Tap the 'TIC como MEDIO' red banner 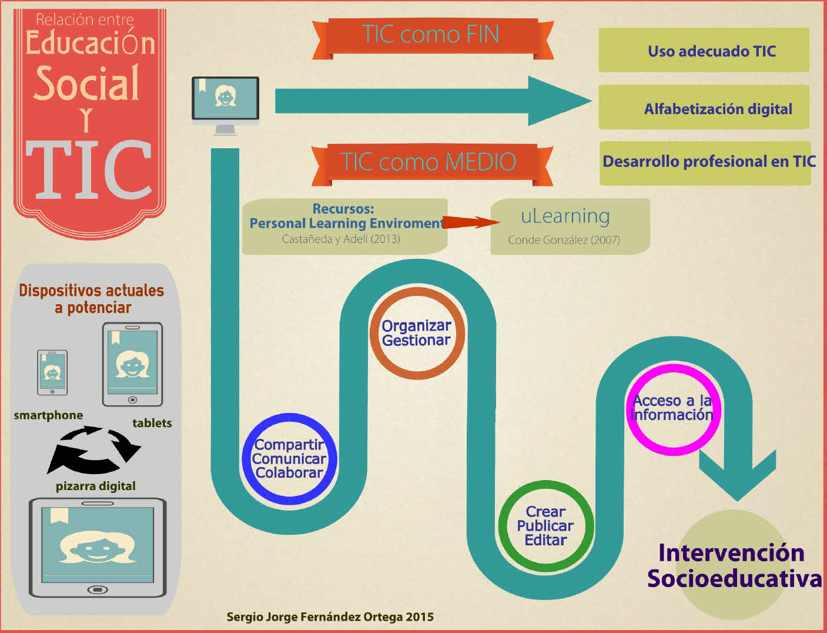(x=429, y=162)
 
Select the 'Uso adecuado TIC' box (x=704, y=51)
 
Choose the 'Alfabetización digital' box (x=704, y=108)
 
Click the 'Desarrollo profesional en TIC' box (x=705, y=162)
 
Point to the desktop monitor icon (x=225, y=104)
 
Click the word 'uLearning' (x=565, y=216)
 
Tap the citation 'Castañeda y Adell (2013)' (x=341, y=239)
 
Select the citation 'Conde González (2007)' (x=564, y=240)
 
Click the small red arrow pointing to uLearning (x=470, y=222)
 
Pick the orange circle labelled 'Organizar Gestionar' (x=417, y=334)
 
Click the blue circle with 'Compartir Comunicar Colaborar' (x=289, y=459)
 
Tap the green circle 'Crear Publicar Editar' (x=545, y=526)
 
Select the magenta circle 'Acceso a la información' (x=672, y=408)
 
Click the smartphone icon (x=52, y=372)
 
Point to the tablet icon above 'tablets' (x=132, y=364)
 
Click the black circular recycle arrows (x=93, y=450)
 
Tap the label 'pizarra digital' (x=95, y=487)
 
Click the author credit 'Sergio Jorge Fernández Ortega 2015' (x=330, y=617)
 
